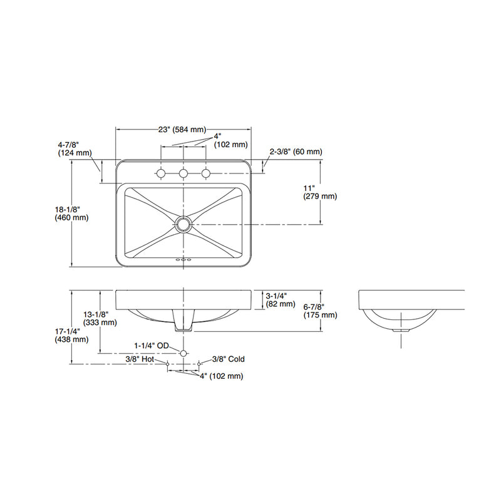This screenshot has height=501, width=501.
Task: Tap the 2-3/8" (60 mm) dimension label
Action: click(x=296, y=152)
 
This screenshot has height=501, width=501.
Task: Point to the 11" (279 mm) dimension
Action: click(x=320, y=192)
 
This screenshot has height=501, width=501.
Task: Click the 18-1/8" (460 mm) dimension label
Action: click(x=71, y=214)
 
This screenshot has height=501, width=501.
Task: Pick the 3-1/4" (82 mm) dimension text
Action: click(x=280, y=299)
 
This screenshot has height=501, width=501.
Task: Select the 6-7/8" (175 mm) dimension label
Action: click(x=320, y=311)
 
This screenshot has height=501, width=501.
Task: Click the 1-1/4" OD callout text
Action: click(x=152, y=345)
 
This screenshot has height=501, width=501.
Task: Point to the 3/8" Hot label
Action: click(x=140, y=359)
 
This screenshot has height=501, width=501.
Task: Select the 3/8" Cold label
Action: click(x=228, y=359)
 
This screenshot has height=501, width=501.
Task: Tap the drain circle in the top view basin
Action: click(x=183, y=224)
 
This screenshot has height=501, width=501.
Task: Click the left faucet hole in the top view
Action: click(x=161, y=173)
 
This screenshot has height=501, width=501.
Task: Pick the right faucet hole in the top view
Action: click(x=205, y=173)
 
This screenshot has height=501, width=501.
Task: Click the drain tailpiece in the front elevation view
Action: click(x=183, y=323)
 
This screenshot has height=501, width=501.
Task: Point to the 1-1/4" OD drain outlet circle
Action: click(x=183, y=354)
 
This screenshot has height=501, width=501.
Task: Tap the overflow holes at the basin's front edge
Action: click(x=183, y=258)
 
